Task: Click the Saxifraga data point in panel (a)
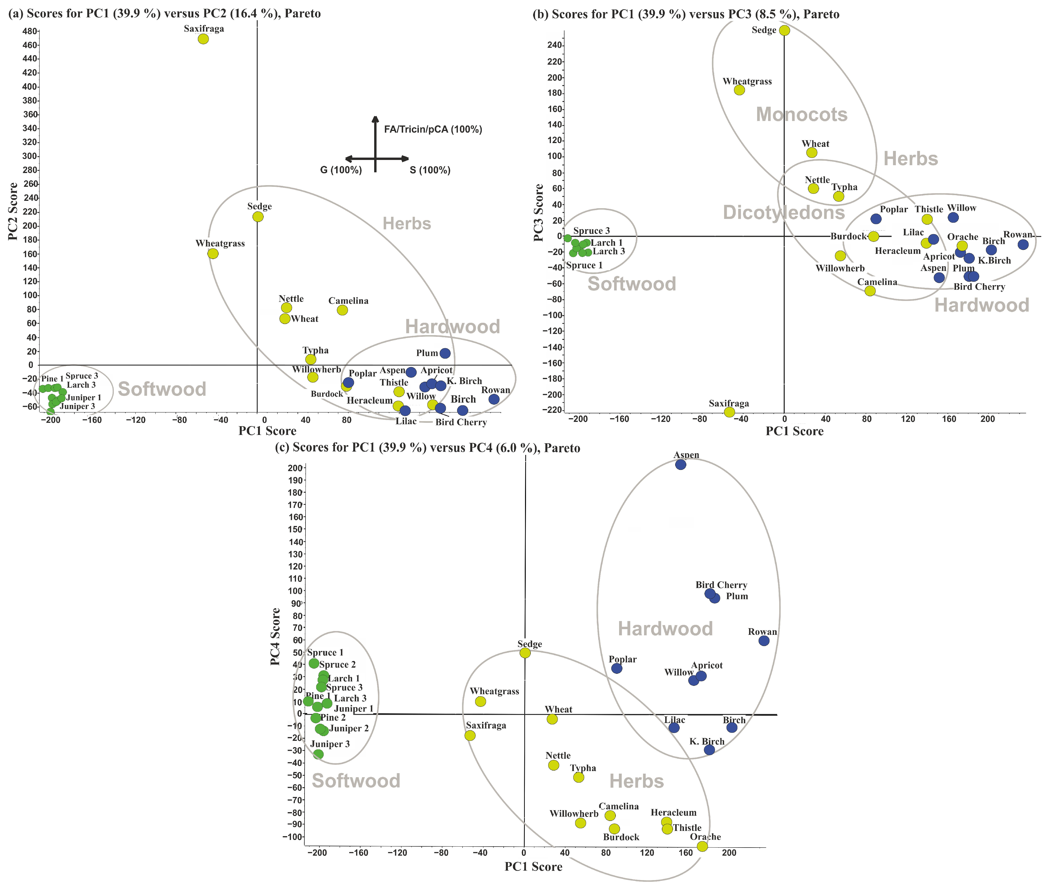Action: [203, 39]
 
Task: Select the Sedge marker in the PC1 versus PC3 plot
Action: [784, 30]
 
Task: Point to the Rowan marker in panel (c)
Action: [764, 641]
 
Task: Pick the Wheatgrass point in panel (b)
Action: [739, 90]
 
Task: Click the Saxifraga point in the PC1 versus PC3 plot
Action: [729, 412]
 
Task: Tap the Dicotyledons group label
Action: [783, 212]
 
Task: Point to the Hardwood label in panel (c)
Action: [665, 629]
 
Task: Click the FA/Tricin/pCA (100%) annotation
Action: [433, 130]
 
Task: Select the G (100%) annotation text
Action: [341, 170]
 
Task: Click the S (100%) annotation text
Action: [430, 170]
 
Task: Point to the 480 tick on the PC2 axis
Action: [30, 31]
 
